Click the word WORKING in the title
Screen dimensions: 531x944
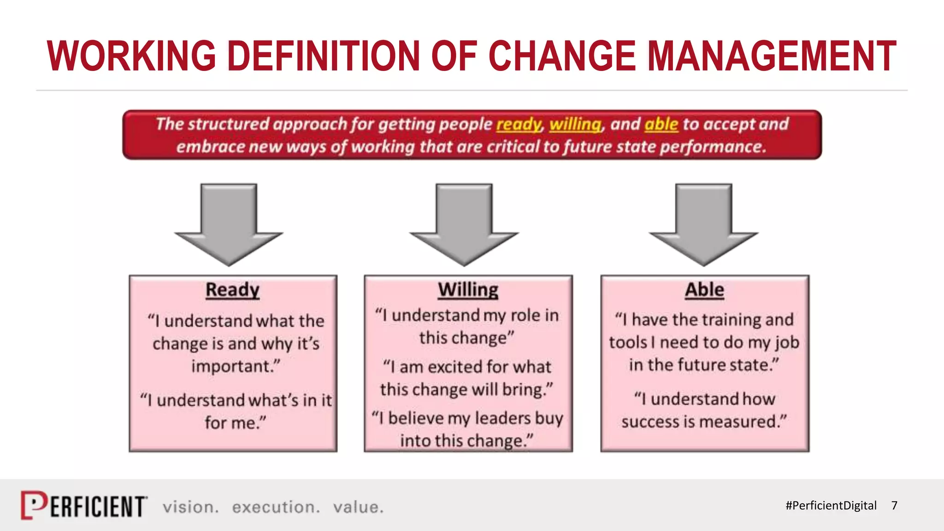point(131,56)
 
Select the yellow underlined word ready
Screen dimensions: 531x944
point(519,124)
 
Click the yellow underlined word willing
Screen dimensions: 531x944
point(575,124)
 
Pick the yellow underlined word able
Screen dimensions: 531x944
point(661,124)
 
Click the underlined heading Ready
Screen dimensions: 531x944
point(232,290)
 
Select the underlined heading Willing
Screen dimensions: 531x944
point(468,290)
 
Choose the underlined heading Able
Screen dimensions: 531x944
point(704,290)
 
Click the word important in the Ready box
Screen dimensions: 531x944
point(234,366)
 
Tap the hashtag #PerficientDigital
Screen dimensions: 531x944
point(831,506)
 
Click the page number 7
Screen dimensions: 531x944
point(894,506)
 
